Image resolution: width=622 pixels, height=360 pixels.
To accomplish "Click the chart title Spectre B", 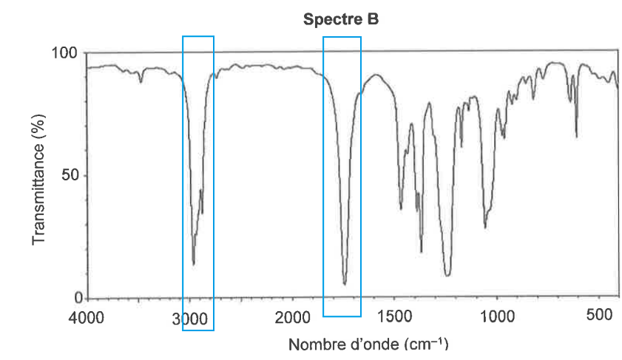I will point(341,21).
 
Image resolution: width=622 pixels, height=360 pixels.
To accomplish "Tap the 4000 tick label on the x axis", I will point(87,318).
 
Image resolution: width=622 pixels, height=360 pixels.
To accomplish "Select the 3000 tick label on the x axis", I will point(189,318).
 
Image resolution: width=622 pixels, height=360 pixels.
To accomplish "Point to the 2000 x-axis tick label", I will point(291,318).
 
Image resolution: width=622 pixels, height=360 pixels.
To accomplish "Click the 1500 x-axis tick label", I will point(393,318).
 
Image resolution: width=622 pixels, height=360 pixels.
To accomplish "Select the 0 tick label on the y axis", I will point(75,299).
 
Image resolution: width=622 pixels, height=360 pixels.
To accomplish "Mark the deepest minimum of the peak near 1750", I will point(345,284).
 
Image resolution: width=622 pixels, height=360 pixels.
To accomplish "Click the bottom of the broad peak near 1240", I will point(447,276).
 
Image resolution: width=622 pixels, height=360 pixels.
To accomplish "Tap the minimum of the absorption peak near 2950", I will point(193,264).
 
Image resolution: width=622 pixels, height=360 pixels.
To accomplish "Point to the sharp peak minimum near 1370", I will point(422,252).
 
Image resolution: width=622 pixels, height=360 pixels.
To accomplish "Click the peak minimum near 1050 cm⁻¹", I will point(485,228).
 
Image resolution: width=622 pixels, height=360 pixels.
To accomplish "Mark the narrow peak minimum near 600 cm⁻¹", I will point(576,137).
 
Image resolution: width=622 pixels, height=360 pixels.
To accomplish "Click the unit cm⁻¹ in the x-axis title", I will point(428,344).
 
